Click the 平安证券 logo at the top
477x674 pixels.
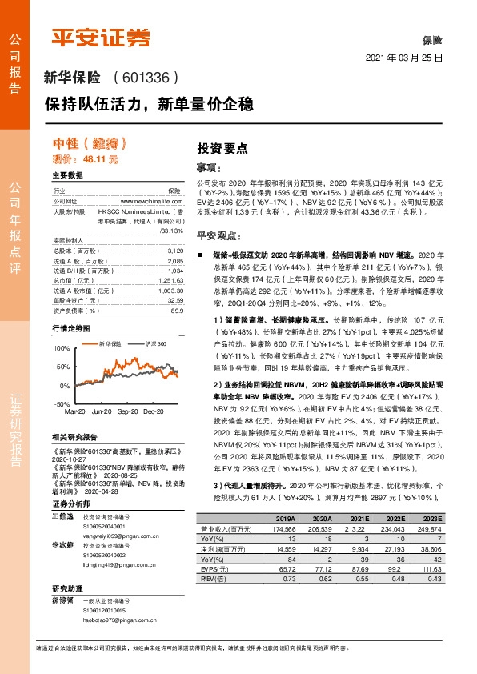point(101,37)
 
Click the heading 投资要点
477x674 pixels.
point(222,148)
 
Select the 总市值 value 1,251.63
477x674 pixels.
point(170,280)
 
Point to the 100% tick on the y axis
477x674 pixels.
point(61,348)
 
